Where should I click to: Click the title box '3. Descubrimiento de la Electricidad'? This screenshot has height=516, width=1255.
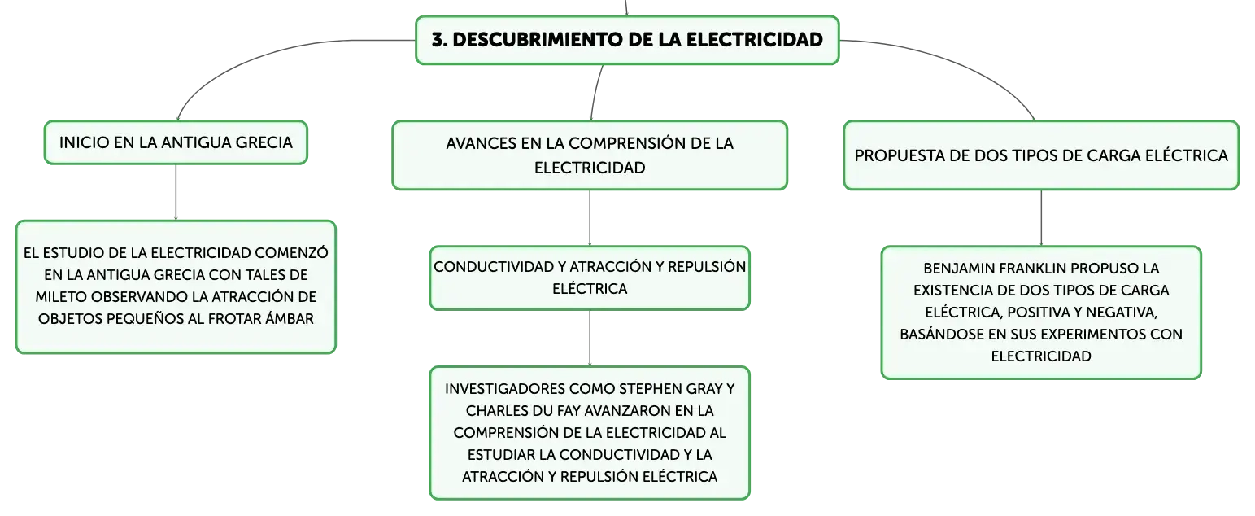(627, 40)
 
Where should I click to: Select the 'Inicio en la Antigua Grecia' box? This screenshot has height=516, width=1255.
(176, 142)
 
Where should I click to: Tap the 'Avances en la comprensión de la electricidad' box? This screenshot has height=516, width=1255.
(590, 155)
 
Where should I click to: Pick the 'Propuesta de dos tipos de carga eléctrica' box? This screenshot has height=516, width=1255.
(1041, 155)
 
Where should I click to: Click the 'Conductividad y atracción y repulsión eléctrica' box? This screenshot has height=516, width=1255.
(590, 278)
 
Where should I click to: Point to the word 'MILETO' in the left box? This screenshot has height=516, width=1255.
(60, 297)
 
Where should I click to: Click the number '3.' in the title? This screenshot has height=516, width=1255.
(439, 40)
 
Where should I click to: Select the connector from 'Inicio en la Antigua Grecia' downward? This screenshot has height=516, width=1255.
(176, 192)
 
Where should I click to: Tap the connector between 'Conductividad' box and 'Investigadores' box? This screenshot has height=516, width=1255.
(590, 339)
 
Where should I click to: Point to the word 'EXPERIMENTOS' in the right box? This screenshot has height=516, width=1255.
(1100, 335)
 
